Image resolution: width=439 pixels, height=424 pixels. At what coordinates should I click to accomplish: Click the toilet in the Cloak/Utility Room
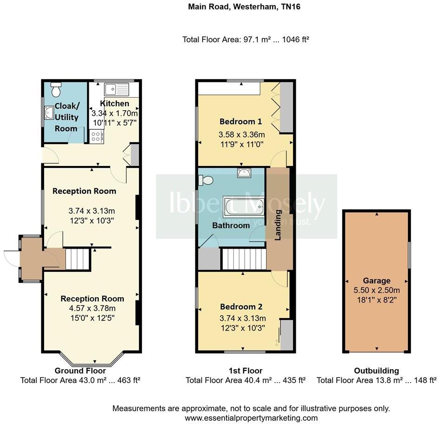(x=56, y=89)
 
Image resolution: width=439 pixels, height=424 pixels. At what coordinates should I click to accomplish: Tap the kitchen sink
(x=116, y=89)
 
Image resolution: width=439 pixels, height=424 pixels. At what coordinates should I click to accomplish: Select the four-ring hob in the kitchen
(x=96, y=137)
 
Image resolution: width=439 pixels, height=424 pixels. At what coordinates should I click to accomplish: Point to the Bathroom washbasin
(x=244, y=172)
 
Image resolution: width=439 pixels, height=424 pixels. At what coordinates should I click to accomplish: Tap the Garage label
(x=377, y=280)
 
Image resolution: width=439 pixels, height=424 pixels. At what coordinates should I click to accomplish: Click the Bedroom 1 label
(x=241, y=121)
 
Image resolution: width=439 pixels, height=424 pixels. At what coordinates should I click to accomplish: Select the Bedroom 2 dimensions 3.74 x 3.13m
(x=243, y=318)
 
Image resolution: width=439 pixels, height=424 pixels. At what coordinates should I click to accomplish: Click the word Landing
(x=278, y=225)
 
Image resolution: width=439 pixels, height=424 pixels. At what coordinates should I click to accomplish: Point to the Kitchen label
(x=114, y=104)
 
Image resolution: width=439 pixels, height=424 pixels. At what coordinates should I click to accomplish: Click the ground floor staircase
(x=77, y=259)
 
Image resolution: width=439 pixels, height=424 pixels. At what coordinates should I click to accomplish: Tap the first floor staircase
(x=244, y=259)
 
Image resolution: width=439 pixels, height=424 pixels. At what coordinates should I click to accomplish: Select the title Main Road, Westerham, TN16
(x=244, y=7)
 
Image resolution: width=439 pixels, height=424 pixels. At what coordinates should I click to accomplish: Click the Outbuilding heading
(x=377, y=371)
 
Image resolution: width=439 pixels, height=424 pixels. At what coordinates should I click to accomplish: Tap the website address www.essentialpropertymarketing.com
(x=251, y=418)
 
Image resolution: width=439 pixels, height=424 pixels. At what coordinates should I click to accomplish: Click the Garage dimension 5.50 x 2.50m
(x=377, y=290)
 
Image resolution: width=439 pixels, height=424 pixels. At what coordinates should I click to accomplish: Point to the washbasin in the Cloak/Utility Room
(x=49, y=113)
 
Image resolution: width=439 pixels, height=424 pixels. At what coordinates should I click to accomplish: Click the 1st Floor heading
(x=246, y=371)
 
